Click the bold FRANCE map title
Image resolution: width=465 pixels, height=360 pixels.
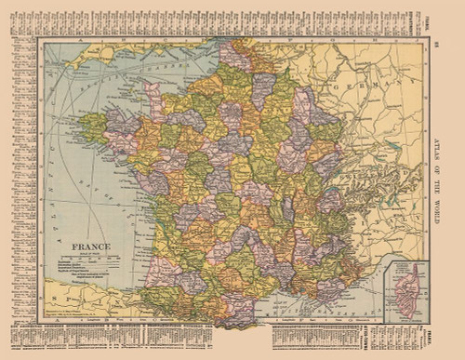point(92,247)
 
